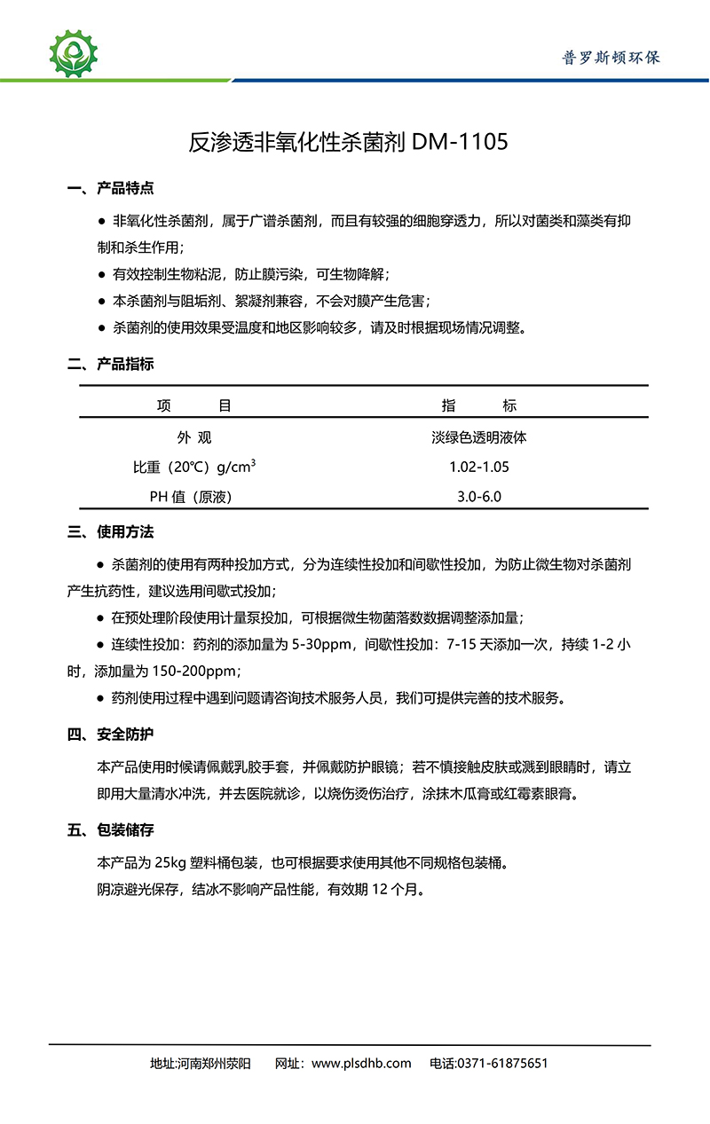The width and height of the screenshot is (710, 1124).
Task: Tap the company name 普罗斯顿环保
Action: (x=611, y=58)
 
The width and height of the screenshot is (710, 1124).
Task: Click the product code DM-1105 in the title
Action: (x=461, y=142)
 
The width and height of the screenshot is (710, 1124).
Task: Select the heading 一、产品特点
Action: (x=111, y=188)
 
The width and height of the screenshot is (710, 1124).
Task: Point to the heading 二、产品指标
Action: (x=111, y=365)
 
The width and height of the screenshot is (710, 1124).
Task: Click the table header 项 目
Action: (x=194, y=406)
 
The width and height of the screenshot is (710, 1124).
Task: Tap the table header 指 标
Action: (x=479, y=406)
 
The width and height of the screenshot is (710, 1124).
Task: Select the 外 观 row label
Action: (x=194, y=437)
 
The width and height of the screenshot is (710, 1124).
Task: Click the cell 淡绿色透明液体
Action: (x=479, y=437)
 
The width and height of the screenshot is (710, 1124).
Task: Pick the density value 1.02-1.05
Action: (x=479, y=467)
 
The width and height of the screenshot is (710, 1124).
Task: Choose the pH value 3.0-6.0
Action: (x=479, y=497)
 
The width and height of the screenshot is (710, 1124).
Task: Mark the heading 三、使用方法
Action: (x=111, y=532)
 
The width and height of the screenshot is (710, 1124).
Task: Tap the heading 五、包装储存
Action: (x=111, y=830)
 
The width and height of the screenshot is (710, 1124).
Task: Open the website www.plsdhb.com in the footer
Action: (x=361, y=1064)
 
